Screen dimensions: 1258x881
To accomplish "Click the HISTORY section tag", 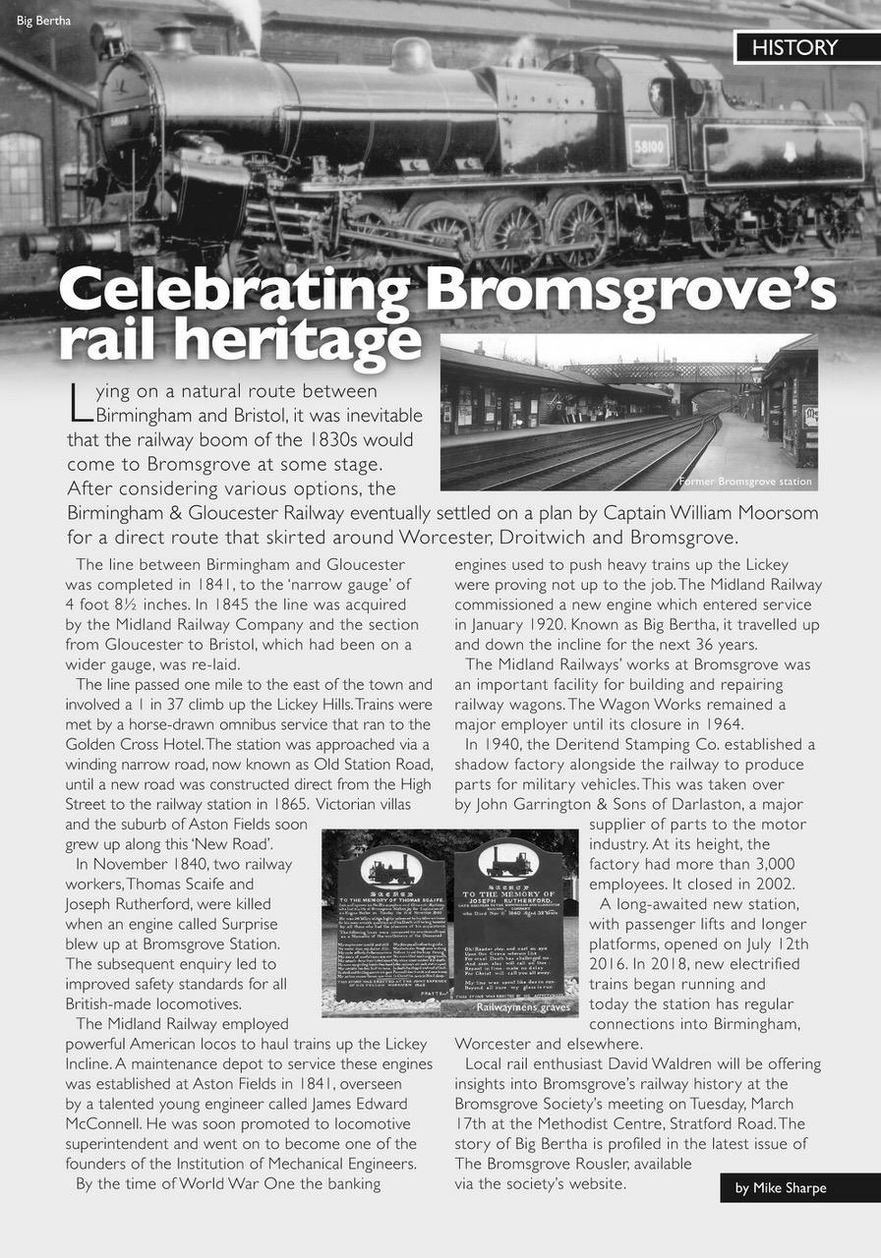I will tap(795, 47).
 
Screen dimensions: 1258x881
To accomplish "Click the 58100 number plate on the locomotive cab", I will tap(648, 145).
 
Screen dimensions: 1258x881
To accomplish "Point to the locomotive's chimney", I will tap(178, 38).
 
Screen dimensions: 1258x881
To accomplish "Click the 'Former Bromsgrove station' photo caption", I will tap(744, 482).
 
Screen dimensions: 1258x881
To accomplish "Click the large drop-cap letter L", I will tap(79, 400).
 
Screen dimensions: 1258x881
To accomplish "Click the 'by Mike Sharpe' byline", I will tap(781, 1188).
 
